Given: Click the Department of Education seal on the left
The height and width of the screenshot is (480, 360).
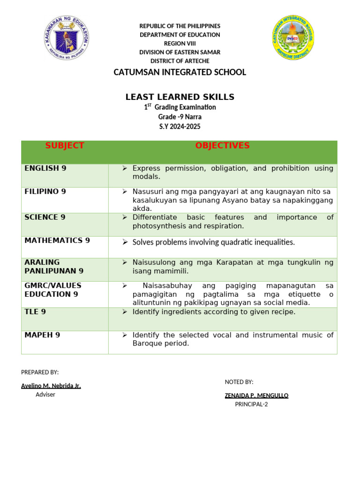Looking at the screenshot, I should (x=67, y=37).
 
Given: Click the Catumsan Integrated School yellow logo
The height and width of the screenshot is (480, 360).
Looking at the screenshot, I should (x=293, y=37).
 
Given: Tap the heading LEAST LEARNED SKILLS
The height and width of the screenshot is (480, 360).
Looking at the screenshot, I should (x=180, y=97).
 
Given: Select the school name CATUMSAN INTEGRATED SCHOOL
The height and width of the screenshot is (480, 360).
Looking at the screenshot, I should (x=180, y=72).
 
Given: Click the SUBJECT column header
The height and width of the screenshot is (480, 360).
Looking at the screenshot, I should (x=65, y=146).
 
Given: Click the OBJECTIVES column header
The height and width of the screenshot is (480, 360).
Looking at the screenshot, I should (x=222, y=146).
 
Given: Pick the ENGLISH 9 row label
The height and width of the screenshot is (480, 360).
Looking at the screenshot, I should (x=45, y=168).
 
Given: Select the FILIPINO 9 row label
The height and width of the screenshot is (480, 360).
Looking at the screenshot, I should (x=45, y=192).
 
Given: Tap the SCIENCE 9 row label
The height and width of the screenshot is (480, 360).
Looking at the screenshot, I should (x=45, y=217).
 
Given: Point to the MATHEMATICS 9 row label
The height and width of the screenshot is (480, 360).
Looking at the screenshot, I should (x=57, y=241).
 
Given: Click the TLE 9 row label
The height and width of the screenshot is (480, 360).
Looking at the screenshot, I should (x=35, y=312).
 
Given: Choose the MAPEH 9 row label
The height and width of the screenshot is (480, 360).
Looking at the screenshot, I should (x=42, y=335).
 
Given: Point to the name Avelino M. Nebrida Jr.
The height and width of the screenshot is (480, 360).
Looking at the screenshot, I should (x=51, y=386).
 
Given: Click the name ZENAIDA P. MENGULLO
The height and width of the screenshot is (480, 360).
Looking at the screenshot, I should (x=256, y=396).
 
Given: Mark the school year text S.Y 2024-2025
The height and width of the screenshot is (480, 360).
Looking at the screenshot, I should (x=180, y=127).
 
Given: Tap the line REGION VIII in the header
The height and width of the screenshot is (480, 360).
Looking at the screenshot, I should (x=180, y=44).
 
